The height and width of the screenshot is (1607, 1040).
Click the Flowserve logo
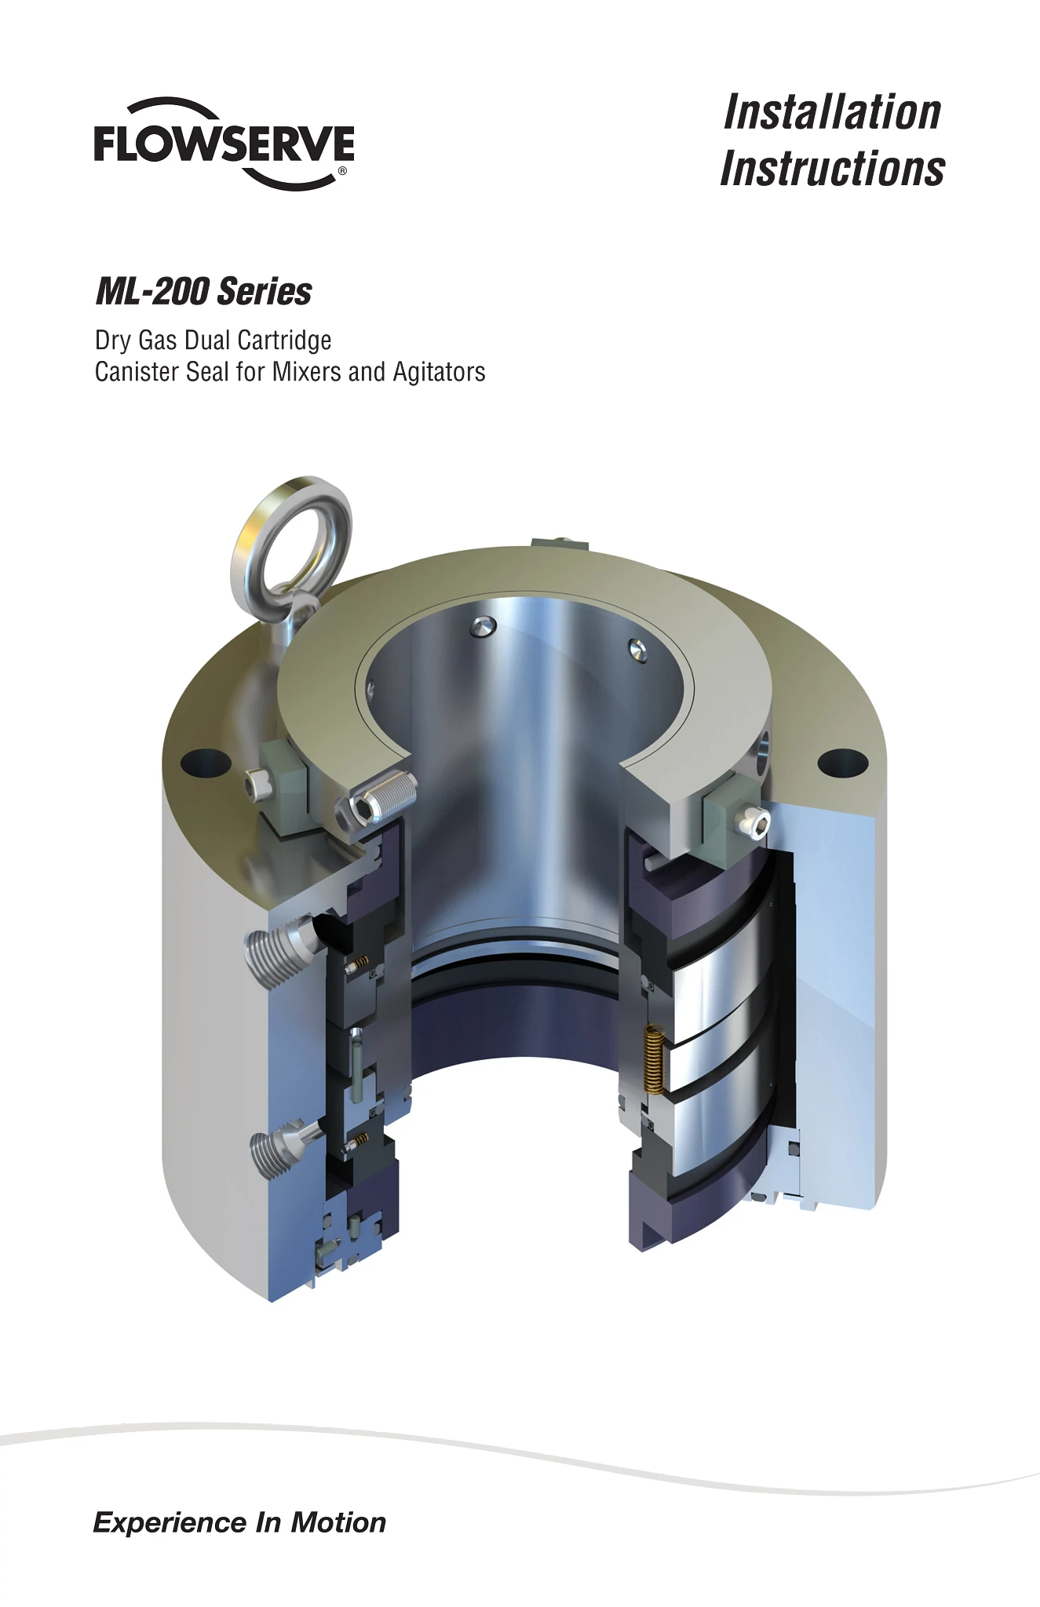[x=224, y=144]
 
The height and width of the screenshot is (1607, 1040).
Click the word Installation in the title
[x=832, y=112]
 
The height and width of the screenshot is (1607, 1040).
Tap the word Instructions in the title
[x=832, y=169]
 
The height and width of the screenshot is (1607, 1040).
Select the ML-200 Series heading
[x=203, y=292]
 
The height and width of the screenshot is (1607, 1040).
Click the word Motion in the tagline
[x=338, y=1522]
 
